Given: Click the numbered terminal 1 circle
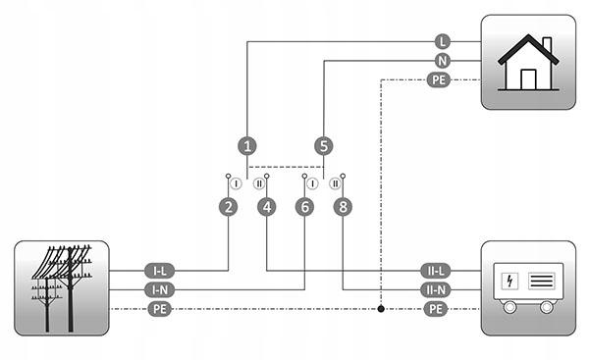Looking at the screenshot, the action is (x=247, y=146).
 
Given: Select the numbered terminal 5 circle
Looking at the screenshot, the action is (x=323, y=146).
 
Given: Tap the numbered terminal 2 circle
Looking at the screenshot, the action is (x=228, y=207).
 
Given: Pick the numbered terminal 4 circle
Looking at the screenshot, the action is (x=267, y=207).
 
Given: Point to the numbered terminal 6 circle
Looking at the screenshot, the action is (x=304, y=207).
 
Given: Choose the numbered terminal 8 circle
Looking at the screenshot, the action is (x=343, y=207).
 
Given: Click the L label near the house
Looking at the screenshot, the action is (x=443, y=41).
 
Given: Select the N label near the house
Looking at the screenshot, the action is (x=443, y=61).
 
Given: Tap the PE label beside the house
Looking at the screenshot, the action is (x=439, y=80).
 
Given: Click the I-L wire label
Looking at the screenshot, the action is (x=160, y=271).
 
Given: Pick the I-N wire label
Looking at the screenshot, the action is (x=160, y=289).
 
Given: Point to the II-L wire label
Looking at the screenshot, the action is (x=435, y=271).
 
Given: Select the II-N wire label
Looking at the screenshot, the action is (x=435, y=289).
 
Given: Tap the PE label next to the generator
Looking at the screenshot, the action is (x=435, y=309).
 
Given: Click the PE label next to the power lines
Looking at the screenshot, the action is (x=160, y=309).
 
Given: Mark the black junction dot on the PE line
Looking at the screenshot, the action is (x=381, y=309).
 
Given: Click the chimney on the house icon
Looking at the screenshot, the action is (x=548, y=45).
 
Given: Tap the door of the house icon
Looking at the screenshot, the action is (x=528, y=79).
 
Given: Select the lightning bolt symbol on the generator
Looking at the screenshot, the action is (x=509, y=281).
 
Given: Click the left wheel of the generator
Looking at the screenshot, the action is (x=509, y=307).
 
